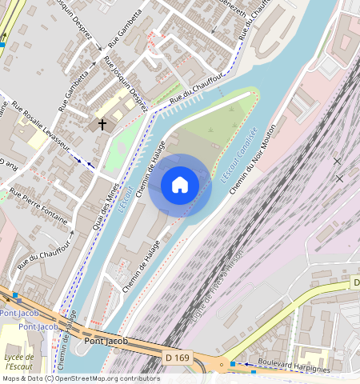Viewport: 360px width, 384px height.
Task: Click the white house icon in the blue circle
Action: pos(180,185)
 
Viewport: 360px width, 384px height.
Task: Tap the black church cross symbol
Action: pos(102,124)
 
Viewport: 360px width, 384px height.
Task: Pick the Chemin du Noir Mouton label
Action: pos(253,158)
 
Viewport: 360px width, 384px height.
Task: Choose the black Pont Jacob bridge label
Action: pos(106,342)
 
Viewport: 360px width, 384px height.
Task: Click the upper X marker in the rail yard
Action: pos(337,162)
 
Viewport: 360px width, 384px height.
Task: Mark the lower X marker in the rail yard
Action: pos(340,178)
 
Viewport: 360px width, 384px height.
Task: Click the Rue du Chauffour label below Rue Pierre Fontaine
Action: pos(40,248)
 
